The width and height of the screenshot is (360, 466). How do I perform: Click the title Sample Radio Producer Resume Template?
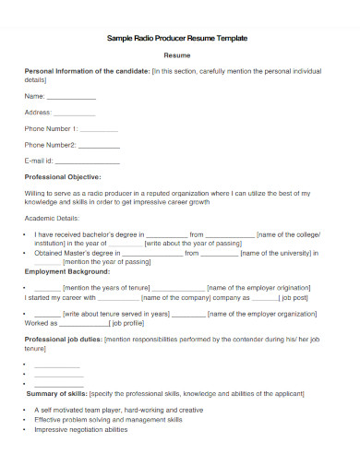click(179, 39)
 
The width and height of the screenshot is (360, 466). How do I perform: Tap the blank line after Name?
click(71, 96)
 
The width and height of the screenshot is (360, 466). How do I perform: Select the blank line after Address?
click(81, 113)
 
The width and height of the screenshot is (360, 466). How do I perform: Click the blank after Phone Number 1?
click(99, 129)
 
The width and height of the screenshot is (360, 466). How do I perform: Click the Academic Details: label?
click(53, 219)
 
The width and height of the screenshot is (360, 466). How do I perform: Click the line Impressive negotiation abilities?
click(81, 430)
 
